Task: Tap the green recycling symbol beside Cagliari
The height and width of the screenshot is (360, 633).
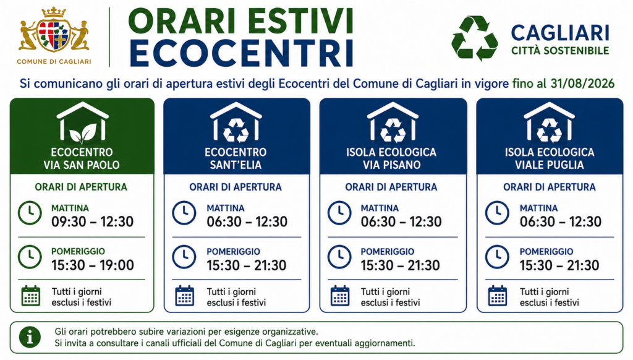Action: (x=474, y=38)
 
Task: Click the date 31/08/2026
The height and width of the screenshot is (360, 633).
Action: (x=582, y=84)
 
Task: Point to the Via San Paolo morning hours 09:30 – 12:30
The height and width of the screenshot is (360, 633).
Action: (x=93, y=222)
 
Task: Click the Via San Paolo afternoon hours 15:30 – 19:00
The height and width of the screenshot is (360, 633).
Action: (x=93, y=265)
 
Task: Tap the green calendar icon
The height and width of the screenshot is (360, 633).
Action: (x=31, y=296)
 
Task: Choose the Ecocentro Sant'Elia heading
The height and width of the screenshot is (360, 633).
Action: (x=236, y=158)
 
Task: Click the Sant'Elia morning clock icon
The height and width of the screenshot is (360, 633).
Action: (x=184, y=213)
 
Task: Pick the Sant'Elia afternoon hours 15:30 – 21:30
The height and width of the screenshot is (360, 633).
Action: (x=247, y=265)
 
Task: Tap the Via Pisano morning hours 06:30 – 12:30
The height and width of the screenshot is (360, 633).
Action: (x=401, y=222)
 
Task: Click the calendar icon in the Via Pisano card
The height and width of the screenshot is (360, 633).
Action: (x=340, y=296)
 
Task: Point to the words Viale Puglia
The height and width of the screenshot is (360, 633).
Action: (x=550, y=165)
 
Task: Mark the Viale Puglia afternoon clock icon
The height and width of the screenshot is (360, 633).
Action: (x=497, y=257)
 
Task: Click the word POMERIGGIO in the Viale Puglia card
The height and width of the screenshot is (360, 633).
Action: (x=546, y=252)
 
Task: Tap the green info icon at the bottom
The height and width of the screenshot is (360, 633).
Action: (x=30, y=337)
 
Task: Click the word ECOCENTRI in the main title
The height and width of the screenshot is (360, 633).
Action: (x=242, y=53)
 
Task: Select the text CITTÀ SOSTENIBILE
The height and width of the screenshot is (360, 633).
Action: (x=560, y=51)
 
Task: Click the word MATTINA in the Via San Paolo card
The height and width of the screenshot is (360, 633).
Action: (x=70, y=208)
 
